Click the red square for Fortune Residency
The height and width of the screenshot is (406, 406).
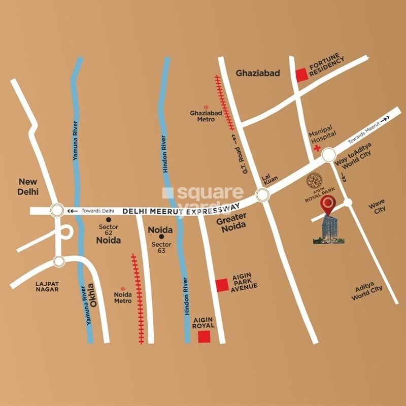click(x=302, y=75)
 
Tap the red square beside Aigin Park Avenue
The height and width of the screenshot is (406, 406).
click(x=222, y=286)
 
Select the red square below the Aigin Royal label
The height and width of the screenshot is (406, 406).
click(x=204, y=337)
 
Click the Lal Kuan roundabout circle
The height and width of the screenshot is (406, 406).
click(x=262, y=194)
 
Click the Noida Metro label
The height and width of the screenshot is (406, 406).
click(x=123, y=298)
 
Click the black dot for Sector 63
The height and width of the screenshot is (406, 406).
click(x=161, y=236)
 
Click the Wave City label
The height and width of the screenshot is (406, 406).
click(x=377, y=205)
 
